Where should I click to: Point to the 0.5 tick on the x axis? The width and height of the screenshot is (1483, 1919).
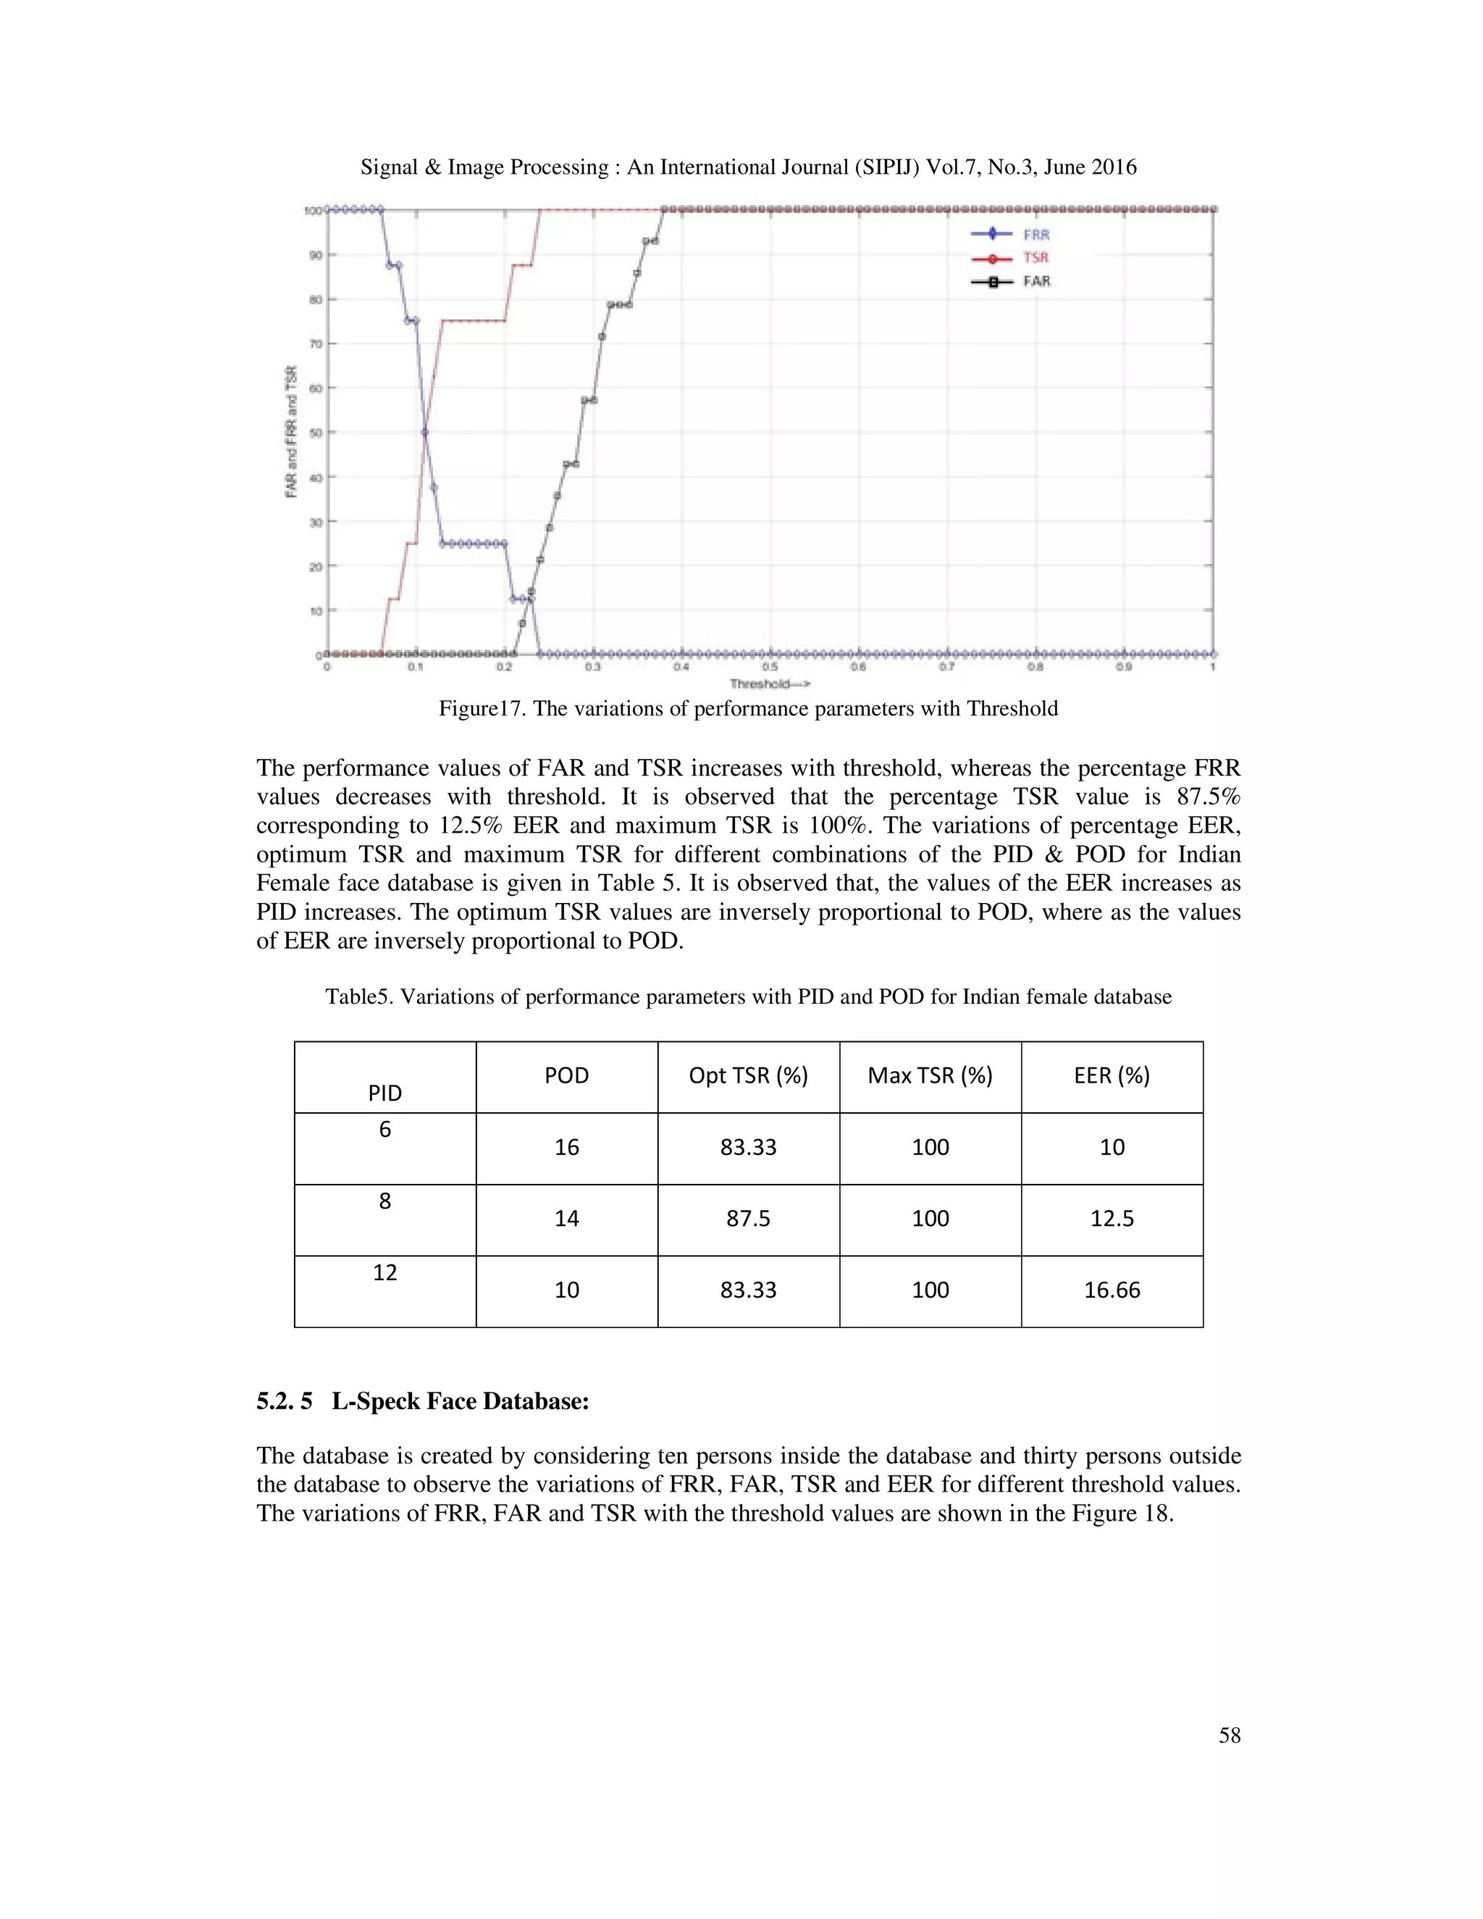(x=770, y=667)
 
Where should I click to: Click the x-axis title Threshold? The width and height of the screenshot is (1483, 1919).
(x=769, y=684)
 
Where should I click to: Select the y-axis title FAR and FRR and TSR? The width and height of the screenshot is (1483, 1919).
(x=291, y=432)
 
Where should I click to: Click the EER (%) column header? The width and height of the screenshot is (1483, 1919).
(x=1112, y=1075)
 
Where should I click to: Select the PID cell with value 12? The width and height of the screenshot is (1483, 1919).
(x=385, y=1272)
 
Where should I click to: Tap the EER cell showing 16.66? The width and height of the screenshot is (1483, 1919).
(x=1112, y=1290)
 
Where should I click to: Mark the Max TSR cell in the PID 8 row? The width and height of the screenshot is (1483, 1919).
(x=930, y=1219)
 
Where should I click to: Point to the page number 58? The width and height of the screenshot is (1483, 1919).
(x=1229, y=1734)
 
